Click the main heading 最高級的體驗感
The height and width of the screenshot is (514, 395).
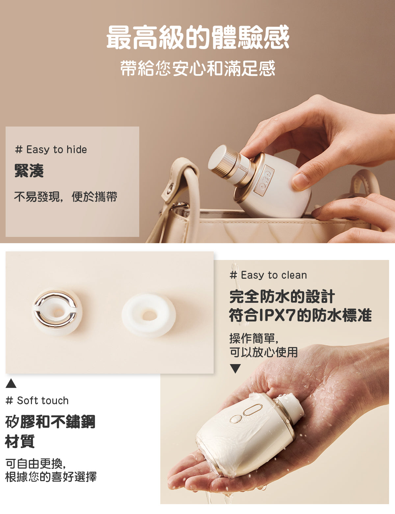[x=198, y=37]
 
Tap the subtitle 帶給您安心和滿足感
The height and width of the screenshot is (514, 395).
[x=198, y=68]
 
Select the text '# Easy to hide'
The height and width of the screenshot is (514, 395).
[x=51, y=150]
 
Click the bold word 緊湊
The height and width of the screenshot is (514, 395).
[x=29, y=171]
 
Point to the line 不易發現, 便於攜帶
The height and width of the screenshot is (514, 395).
[x=66, y=197]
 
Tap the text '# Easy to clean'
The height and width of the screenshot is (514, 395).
[x=268, y=275]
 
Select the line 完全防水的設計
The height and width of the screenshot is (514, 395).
[x=282, y=297]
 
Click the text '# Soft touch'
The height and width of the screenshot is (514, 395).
[x=37, y=401]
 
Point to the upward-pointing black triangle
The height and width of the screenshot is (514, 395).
[x=11, y=384]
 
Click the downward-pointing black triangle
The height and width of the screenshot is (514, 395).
[x=235, y=369]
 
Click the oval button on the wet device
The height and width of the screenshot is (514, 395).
[x=253, y=410]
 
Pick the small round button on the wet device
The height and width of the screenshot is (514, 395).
[x=236, y=419]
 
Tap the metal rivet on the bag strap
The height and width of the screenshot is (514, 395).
[x=170, y=188]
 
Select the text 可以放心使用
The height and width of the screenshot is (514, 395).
[x=264, y=352]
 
